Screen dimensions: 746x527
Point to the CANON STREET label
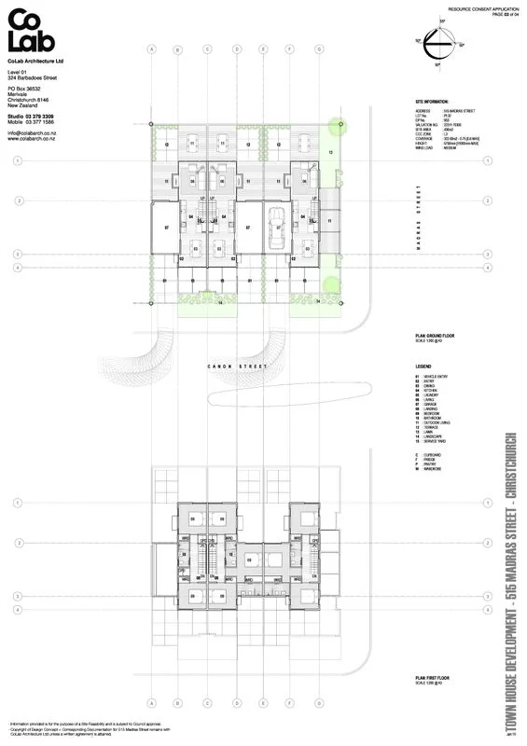(x=237, y=366)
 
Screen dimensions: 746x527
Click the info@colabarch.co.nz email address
(x=35, y=132)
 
